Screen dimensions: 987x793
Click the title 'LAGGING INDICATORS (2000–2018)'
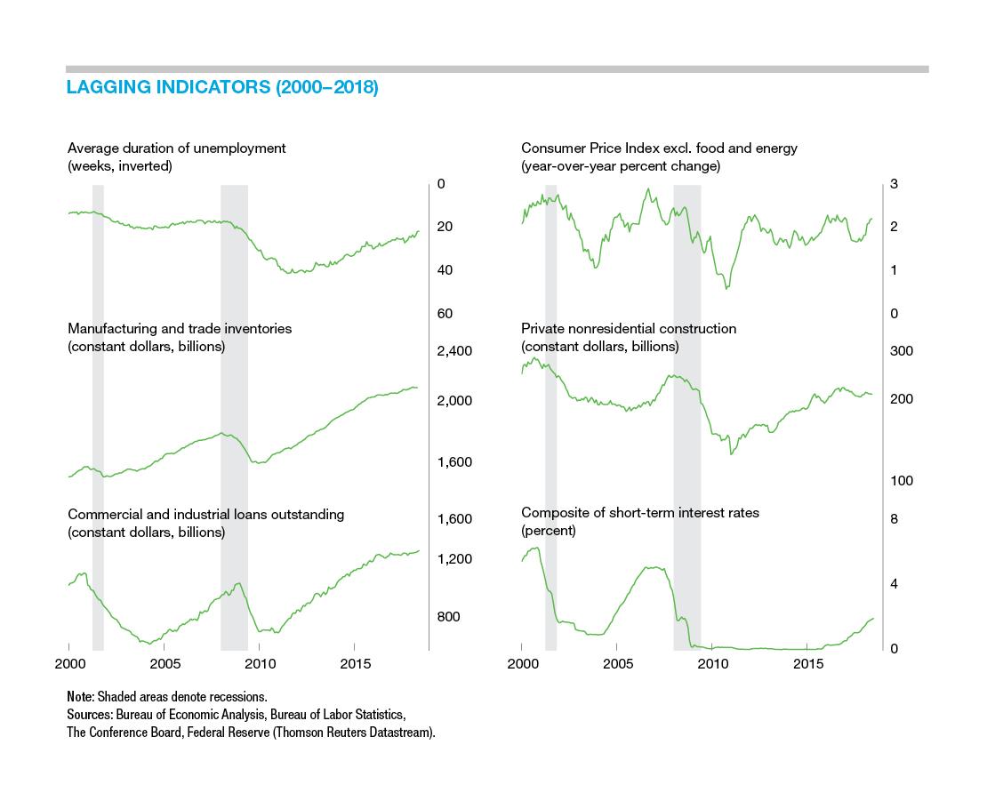[222, 87]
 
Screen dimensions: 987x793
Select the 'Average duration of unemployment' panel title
[176, 148]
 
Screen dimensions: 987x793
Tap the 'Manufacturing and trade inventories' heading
[180, 329]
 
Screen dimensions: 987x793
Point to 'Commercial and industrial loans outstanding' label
[205, 514]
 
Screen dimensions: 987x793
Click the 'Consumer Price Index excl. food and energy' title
[659, 148]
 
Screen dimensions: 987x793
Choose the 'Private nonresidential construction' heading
[628, 329]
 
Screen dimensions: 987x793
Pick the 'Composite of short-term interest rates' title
[639, 512]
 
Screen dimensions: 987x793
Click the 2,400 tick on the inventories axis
[454, 351]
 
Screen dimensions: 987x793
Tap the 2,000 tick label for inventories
[454, 401]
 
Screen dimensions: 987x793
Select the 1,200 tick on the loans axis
[454, 559]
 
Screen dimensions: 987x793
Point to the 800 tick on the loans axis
[448, 617]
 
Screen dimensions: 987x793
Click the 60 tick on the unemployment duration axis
[445, 314]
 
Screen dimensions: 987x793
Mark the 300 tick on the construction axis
[902, 351]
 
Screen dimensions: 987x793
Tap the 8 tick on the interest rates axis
[894, 519]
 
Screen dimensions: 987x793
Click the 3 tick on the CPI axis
[894, 184]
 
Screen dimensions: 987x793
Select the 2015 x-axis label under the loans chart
[355, 664]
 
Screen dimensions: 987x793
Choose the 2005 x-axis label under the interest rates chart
[617, 664]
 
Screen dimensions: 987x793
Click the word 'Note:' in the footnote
[81, 697]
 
